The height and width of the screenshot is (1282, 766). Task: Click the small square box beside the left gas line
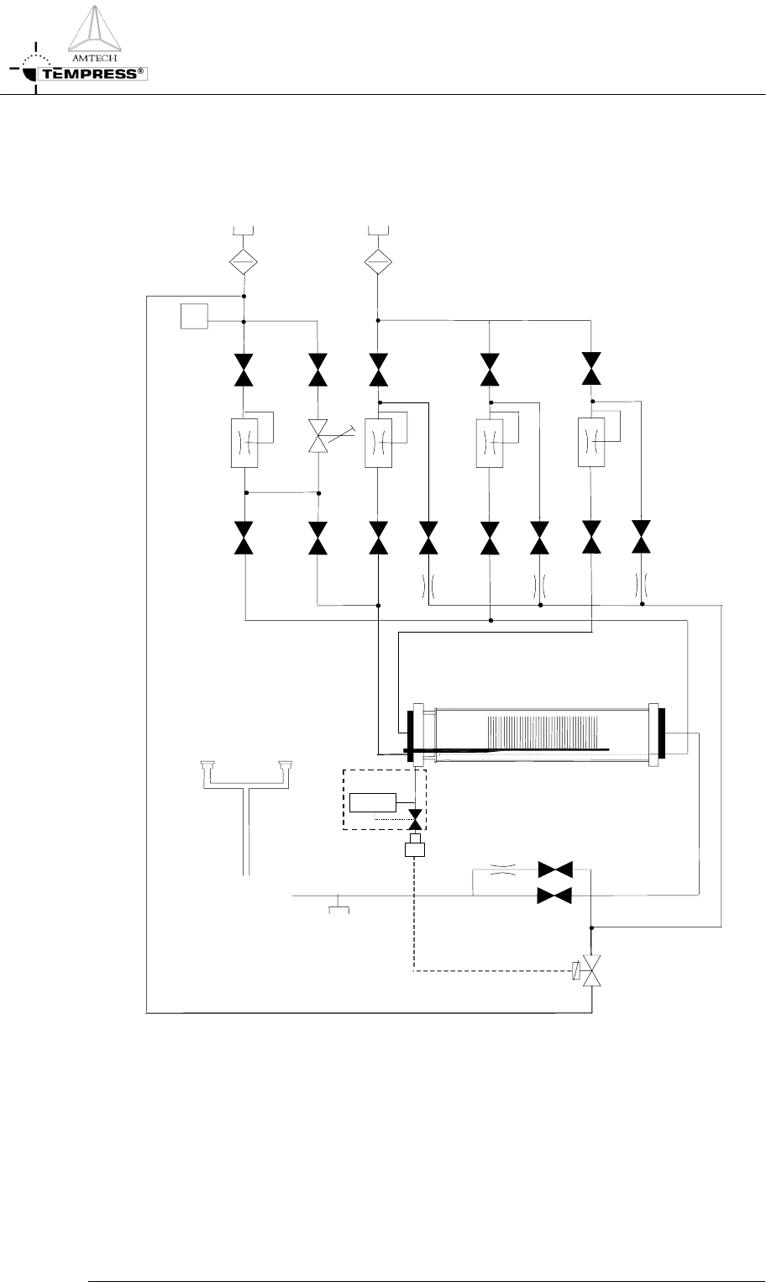point(193,318)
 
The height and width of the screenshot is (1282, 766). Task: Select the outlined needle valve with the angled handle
point(318,438)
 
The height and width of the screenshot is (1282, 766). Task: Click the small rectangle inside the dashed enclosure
point(374,801)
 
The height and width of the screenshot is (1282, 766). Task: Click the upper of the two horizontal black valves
point(554,869)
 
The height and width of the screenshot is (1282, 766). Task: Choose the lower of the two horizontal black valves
point(554,896)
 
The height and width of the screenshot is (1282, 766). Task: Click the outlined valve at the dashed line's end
point(592,973)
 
